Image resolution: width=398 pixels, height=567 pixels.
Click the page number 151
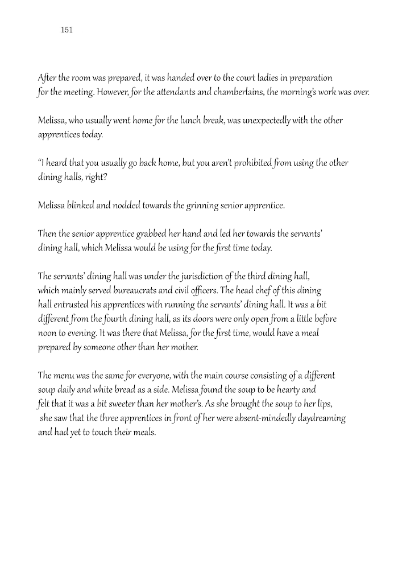(66, 30)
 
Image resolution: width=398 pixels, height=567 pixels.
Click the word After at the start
(46, 77)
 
